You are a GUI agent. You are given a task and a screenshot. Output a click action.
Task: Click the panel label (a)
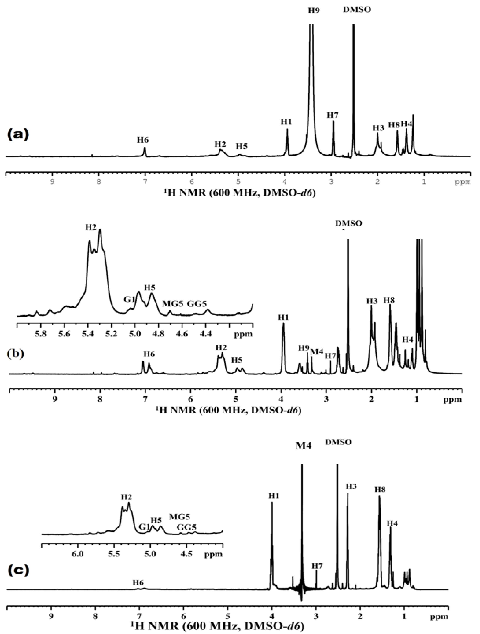18,134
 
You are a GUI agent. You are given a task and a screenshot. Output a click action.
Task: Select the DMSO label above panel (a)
357,9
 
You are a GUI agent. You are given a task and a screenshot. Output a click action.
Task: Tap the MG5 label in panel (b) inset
172,303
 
